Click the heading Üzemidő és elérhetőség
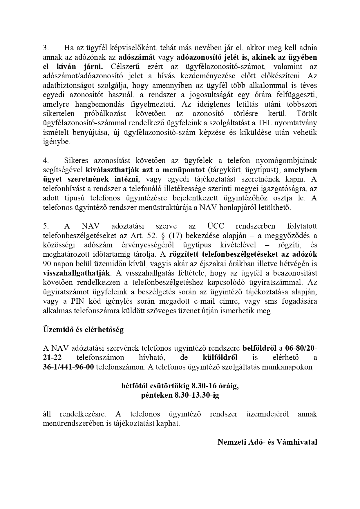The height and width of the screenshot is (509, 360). pos(83,329)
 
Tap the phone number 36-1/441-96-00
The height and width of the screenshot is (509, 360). pos(68,367)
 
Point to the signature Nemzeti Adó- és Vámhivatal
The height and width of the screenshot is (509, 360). pos(267,442)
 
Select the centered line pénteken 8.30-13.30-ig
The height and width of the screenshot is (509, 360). pos(180,395)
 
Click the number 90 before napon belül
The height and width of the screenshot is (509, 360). pos(48,264)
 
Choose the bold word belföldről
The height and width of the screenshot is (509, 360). pos(259,348)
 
